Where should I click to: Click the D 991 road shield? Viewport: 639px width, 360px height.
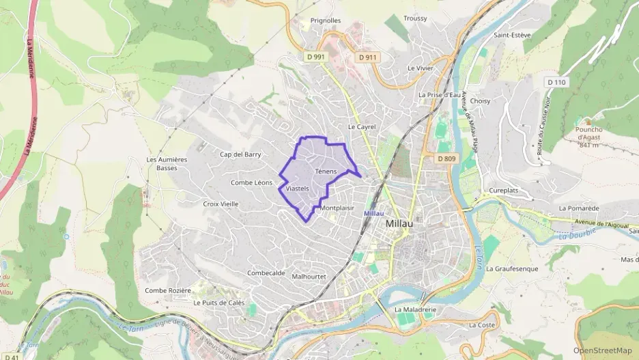click(315, 57)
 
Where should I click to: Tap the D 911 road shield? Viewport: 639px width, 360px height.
click(367, 57)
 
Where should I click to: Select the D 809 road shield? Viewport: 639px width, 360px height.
click(446, 158)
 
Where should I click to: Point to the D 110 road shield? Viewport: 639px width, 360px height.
click(556, 82)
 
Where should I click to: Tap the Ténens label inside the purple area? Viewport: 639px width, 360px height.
click(326, 171)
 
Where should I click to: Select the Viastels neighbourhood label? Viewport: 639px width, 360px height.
click(298, 188)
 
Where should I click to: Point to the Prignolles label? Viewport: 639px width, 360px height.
click(326, 20)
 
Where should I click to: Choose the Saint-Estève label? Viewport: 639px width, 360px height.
click(511, 34)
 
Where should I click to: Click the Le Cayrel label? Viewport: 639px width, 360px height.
click(362, 126)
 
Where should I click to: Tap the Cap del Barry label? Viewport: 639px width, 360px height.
click(240, 154)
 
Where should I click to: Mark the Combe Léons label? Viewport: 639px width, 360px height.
click(251, 182)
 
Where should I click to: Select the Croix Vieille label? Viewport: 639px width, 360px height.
click(221, 204)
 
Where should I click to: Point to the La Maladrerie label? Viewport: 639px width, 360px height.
click(415, 309)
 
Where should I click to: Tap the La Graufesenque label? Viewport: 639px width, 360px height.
click(513, 268)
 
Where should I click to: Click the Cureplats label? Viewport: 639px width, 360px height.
click(505, 190)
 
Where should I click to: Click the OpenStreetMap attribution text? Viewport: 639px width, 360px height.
click(602, 350)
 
